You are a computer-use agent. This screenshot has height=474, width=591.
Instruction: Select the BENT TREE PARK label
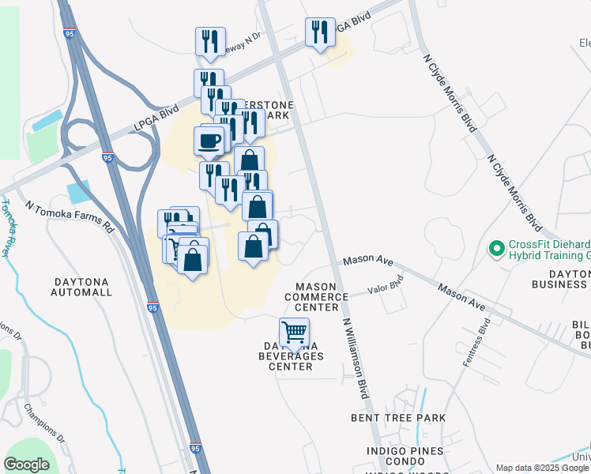[399, 417]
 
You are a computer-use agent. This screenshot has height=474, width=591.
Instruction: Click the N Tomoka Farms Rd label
[69, 216]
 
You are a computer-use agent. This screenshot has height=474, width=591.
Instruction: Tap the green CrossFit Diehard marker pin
[497, 250]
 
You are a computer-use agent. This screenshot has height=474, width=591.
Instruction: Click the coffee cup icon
[209, 141]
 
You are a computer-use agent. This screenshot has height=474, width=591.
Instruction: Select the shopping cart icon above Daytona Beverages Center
[294, 332]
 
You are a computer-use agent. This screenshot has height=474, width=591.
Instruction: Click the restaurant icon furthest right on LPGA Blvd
[320, 32]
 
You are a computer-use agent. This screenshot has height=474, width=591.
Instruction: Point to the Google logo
[27, 465]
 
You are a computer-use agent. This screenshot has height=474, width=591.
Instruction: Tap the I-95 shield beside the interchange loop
[107, 159]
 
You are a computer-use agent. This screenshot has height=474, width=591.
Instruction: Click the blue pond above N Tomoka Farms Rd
[79, 192]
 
